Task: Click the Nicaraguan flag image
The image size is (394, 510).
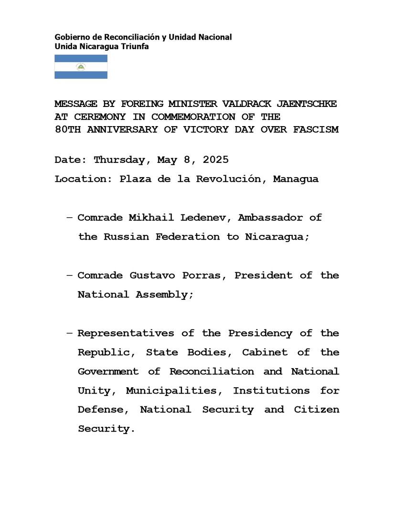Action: point(81,67)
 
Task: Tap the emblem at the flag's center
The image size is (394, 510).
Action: point(81,67)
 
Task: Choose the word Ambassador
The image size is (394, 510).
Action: point(270,218)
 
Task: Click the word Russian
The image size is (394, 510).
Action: point(126,237)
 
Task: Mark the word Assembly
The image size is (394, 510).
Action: point(164,295)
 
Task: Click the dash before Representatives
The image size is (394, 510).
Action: point(70,333)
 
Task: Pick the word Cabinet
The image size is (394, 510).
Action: point(265,352)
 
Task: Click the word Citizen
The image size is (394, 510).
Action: point(317,410)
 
